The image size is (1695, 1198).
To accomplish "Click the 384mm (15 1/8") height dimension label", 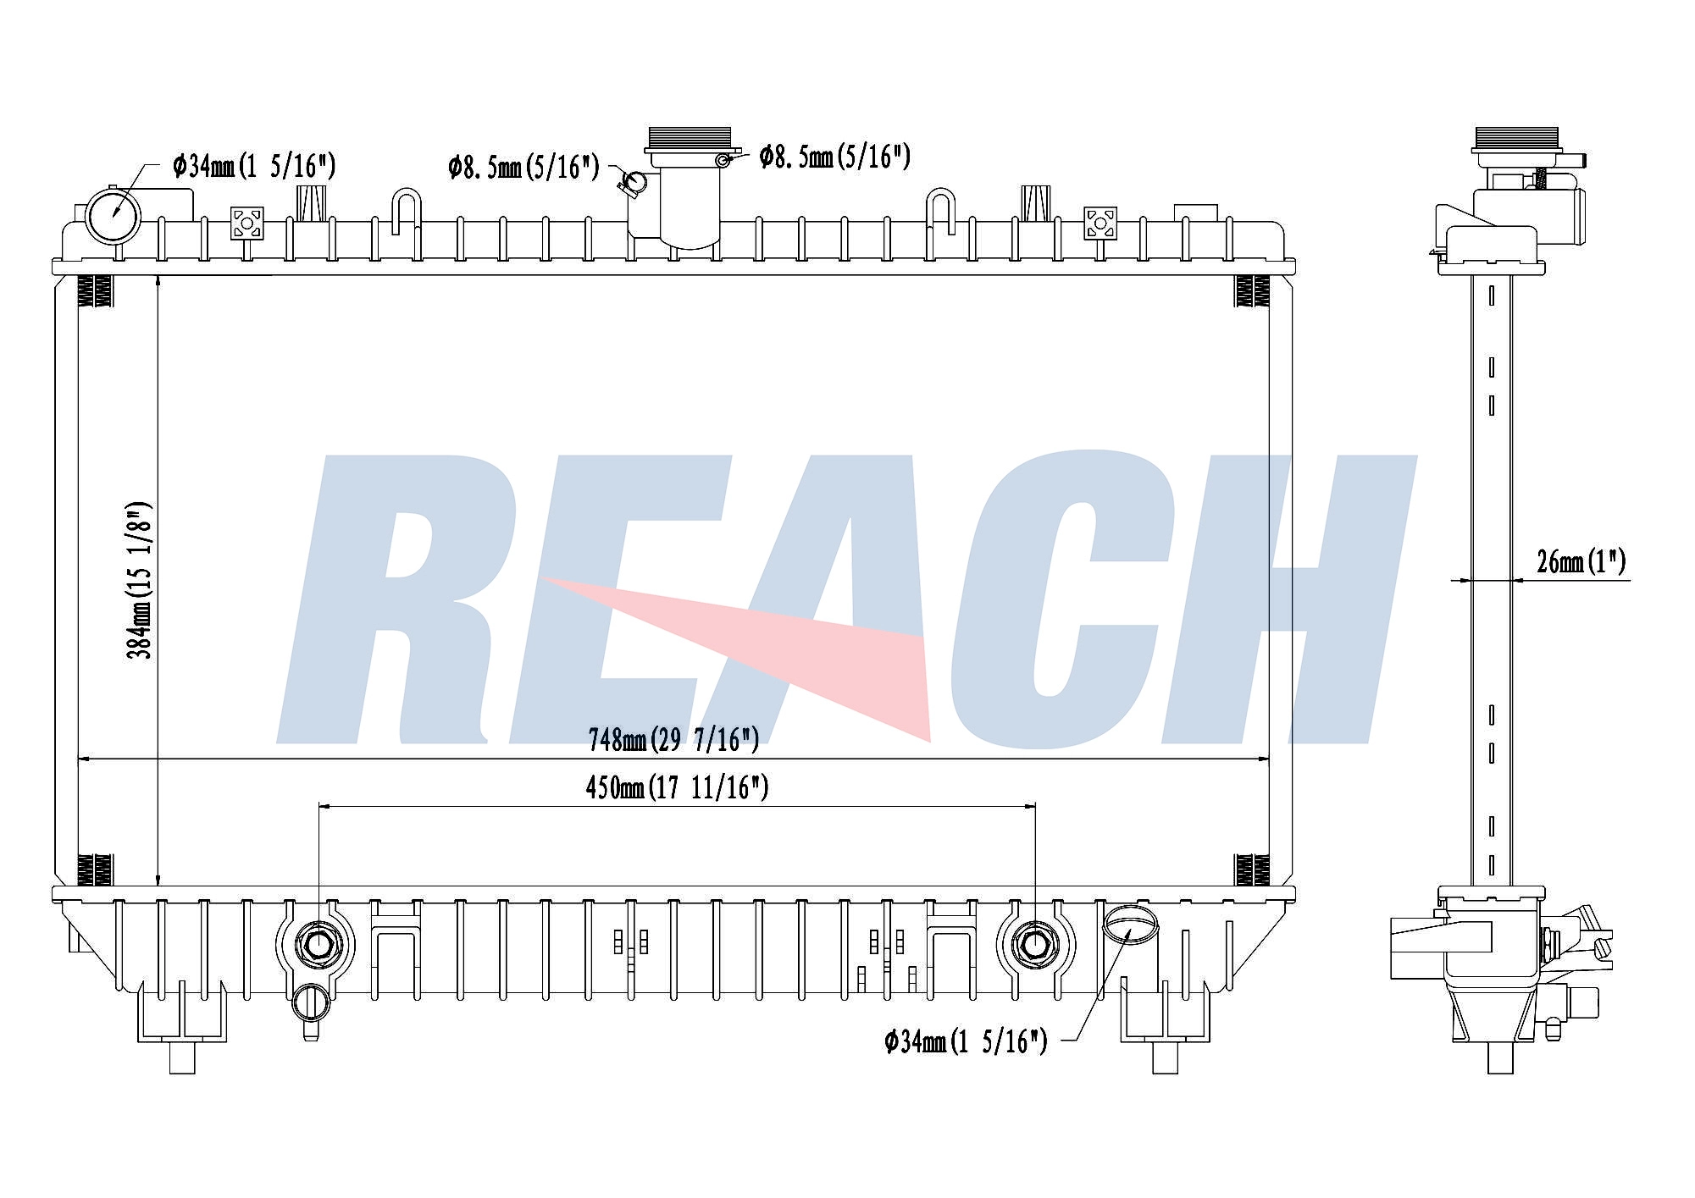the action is coord(140,581).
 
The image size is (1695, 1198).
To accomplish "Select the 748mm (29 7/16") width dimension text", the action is coord(673,740).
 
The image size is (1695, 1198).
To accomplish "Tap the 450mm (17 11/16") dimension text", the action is coord(677,788).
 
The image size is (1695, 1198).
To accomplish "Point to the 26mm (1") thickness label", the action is coord(1581,561).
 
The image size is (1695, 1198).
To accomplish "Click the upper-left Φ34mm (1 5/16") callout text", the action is coord(254,166).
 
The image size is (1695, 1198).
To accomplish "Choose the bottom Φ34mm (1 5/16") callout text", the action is coord(966,1041).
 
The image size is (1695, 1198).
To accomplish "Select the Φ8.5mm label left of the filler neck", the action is coord(523,167).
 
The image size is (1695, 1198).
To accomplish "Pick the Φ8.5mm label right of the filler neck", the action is coord(834,156).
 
